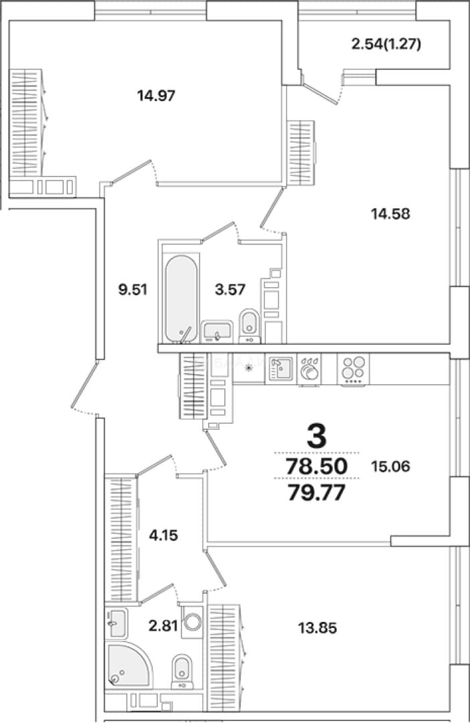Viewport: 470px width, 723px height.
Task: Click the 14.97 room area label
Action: pos(157,96)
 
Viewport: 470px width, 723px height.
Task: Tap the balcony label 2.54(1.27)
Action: pos(386,44)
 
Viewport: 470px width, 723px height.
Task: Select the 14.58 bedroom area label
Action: pos(391,214)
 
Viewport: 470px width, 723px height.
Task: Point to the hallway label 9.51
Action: pos(133,290)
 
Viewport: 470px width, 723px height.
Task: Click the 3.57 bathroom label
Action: pos(230,290)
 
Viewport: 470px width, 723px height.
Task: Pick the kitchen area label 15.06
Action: pos(390,467)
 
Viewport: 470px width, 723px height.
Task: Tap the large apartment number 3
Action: pos(317,436)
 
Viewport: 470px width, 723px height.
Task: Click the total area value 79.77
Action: pos(317,493)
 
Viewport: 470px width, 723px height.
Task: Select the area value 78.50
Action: pos(317,467)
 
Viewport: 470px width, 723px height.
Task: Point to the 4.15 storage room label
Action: pos(163,536)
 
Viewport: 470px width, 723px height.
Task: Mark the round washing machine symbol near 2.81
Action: pos(192,621)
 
